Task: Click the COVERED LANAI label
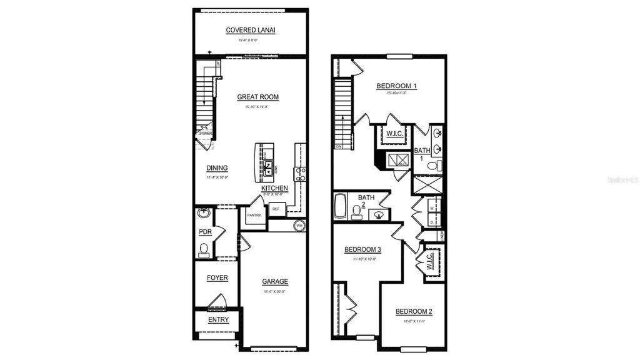(x=251, y=30)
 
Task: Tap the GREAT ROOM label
(x=257, y=97)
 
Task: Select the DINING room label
(x=217, y=167)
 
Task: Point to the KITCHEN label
(x=274, y=187)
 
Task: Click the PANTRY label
(x=254, y=215)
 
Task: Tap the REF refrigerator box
(x=276, y=210)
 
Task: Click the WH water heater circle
(x=299, y=226)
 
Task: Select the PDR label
(x=204, y=232)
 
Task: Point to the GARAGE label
(x=274, y=281)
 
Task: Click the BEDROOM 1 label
(x=396, y=86)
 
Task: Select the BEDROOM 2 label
(x=413, y=311)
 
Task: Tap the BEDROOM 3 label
(x=362, y=249)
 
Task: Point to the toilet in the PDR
(x=203, y=251)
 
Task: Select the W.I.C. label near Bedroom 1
(x=394, y=132)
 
